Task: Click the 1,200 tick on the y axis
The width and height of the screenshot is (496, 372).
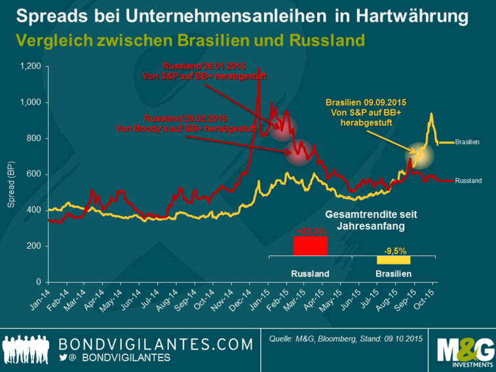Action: tap(31, 66)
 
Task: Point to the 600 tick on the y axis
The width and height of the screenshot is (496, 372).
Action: tap(35, 174)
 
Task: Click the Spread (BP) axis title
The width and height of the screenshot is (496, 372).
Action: tap(11, 186)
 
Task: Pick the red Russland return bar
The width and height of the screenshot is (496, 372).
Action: tap(310, 246)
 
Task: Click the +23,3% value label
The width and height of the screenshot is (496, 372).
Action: tap(310, 231)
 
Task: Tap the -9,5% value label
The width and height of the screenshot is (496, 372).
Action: tap(393, 250)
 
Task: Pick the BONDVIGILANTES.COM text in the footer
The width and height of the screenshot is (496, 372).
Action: tap(155, 344)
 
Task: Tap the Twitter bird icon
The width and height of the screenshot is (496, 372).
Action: tap(64, 358)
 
